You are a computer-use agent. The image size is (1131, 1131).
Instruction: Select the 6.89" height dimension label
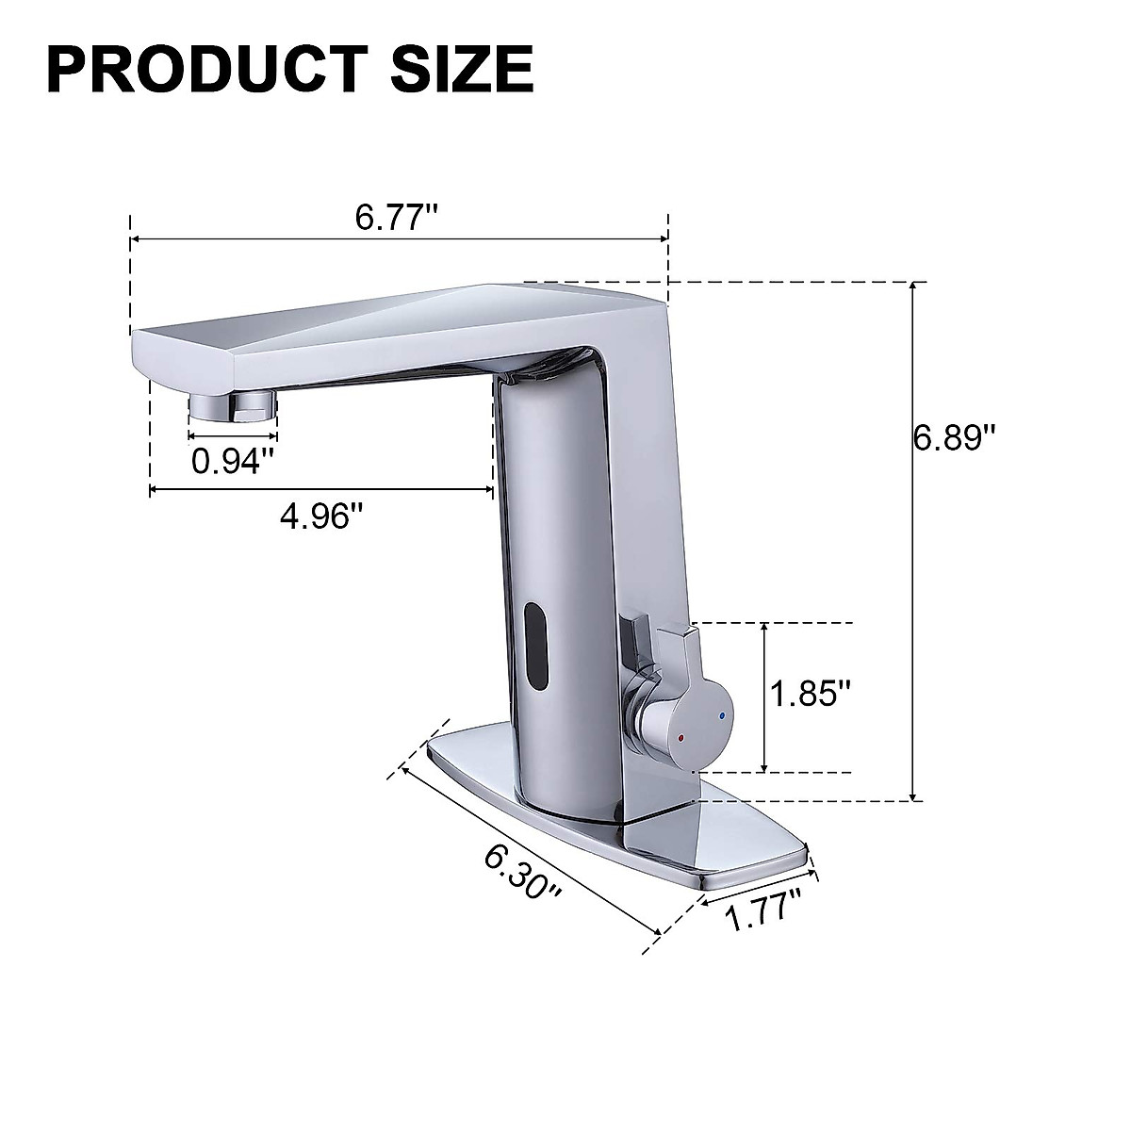tap(955, 438)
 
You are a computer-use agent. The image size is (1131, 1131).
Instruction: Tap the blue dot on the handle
tap(722, 717)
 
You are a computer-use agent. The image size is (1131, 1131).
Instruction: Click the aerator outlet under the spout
tap(232, 407)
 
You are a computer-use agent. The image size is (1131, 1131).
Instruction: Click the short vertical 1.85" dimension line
tap(765, 697)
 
